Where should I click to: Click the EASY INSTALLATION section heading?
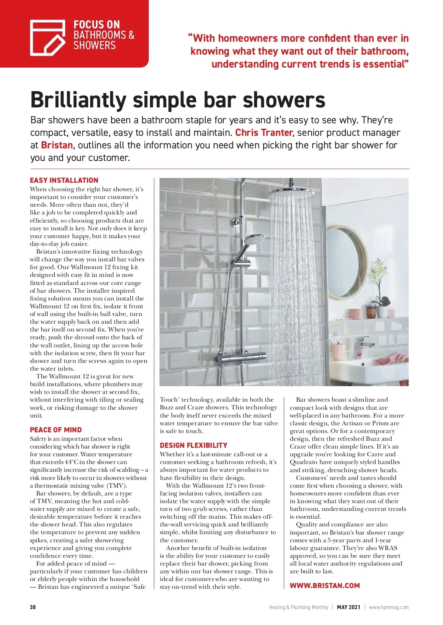64,181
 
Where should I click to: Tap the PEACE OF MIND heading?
56,430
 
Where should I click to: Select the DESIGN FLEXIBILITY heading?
193,446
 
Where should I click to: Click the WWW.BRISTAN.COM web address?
324,586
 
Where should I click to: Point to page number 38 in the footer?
33,607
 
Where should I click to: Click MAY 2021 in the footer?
348,607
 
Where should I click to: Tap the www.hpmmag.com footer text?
389,607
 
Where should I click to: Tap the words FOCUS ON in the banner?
97,25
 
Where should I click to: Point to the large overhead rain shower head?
291,193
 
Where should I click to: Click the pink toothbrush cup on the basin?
338,349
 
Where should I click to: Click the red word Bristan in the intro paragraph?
57,145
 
